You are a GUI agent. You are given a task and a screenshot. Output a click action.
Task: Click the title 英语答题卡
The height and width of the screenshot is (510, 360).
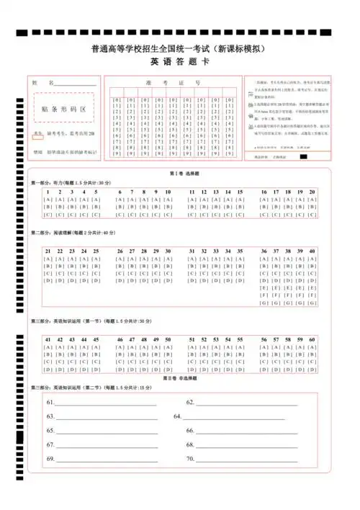[179, 63]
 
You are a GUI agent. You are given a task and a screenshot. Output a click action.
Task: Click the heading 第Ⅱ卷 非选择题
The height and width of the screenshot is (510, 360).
[179, 377]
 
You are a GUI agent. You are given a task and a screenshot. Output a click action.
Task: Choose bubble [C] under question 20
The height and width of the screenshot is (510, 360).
[312, 214]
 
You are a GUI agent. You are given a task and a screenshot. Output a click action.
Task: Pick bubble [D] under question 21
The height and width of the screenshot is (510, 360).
[48, 281]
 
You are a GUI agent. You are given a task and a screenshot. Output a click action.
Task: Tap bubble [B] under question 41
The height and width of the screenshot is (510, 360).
[48, 354]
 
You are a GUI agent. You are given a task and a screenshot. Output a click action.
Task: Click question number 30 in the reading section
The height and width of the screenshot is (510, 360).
[168, 251]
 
